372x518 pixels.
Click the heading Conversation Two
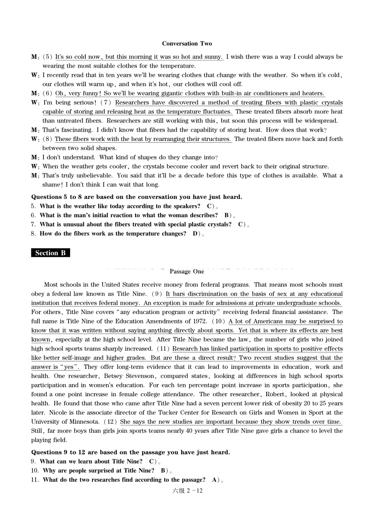tap(187, 43)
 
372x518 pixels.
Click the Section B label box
tap(51, 253)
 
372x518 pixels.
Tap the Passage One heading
tap(187, 271)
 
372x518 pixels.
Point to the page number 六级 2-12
tap(188, 491)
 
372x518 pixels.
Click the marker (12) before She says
tap(110, 422)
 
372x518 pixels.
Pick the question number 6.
tap(33, 215)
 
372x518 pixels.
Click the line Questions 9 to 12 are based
tap(130, 452)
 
